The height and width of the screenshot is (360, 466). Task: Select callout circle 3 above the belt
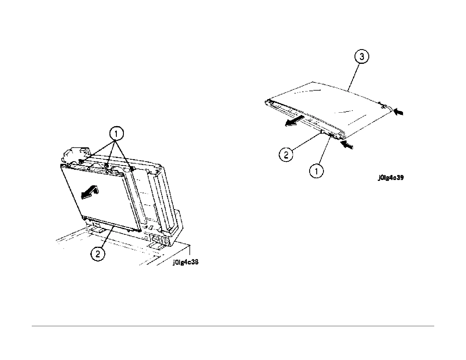[362, 57]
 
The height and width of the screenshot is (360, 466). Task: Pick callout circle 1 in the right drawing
[317, 171]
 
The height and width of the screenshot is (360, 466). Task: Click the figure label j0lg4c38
[185, 262]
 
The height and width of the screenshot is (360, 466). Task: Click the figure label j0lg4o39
[391, 178]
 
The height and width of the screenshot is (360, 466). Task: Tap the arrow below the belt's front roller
[347, 145]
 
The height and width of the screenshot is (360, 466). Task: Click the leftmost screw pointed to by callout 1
[80, 161]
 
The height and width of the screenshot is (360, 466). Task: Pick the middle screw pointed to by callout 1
[107, 166]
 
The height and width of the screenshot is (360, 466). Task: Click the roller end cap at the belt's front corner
[341, 136]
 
